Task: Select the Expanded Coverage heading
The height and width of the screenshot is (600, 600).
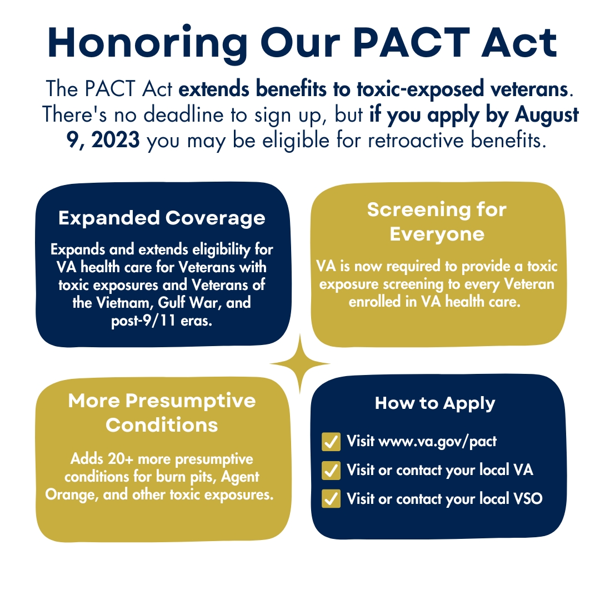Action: (x=162, y=218)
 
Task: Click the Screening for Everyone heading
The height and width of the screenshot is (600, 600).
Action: (x=437, y=222)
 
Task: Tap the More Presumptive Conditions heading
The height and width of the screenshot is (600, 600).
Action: (x=162, y=413)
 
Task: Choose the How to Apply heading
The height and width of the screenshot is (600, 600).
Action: (x=435, y=403)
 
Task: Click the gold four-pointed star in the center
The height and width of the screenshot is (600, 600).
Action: (x=300, y=364)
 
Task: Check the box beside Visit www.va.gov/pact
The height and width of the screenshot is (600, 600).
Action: (x=331, y=442)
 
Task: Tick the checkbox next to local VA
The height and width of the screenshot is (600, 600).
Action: (x=331, y=471)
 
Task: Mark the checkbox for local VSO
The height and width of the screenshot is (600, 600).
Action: (x=331, y=499)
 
